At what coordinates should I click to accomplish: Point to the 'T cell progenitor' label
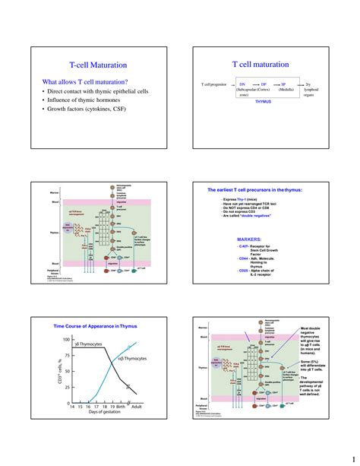[x=213, y=84]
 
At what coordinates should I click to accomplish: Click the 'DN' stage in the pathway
[x=242, y=84]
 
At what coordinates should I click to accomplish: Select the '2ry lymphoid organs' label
[x=308, y=89]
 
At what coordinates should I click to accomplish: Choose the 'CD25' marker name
[x=244, y=270]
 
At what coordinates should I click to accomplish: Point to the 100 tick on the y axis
[x=66, y=339]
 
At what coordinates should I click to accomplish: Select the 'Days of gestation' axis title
[x=94, y=415]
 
